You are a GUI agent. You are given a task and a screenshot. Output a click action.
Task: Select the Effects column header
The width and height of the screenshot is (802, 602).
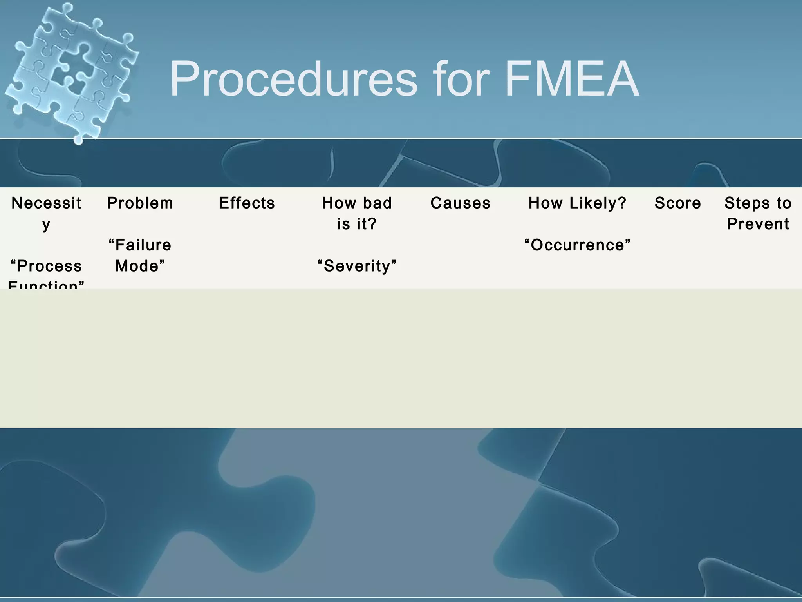(x=247, y=203)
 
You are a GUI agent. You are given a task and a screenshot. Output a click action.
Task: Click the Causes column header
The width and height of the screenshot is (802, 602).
(x=460, y=203)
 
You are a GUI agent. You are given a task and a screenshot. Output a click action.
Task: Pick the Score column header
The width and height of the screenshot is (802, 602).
(x=677, y=203)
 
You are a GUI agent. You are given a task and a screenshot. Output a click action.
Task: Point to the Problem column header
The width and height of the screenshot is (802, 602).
(x=140, y=203)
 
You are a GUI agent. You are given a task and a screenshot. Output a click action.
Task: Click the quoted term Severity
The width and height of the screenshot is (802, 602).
(x=357, y=266)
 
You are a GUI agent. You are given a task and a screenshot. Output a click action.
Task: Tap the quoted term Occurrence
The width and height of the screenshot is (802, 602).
(x=577, y=245)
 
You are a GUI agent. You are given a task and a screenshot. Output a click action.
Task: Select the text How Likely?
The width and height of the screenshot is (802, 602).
(x=577, y=203)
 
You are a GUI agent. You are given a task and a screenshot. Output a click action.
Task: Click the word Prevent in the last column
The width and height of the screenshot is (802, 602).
(x=758, y=224)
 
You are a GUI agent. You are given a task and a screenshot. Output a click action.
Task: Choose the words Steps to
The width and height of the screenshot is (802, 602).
(x=758, y=203)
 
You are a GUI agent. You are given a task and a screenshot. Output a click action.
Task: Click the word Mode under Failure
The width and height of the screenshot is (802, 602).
(x=140, y=266)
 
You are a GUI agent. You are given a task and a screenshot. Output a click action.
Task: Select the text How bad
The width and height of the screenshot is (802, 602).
(x=357, y=203)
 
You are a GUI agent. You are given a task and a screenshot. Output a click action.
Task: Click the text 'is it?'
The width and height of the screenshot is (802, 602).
(x=357, y=224)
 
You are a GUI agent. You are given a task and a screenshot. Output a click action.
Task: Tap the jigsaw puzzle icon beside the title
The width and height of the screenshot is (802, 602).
(x=72, y=73)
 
